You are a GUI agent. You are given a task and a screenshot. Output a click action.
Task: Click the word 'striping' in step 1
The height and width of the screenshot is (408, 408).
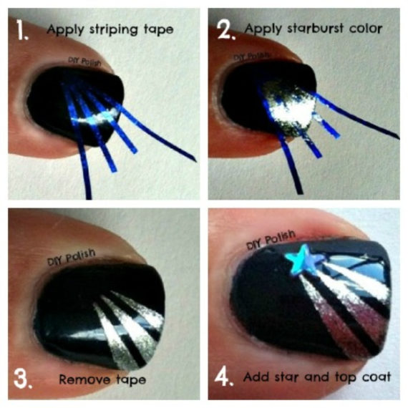coord(113,29)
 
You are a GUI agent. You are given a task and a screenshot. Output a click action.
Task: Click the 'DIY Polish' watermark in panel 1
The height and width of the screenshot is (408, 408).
coord(84,62)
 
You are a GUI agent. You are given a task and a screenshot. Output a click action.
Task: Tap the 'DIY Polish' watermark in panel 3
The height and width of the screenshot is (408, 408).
coord(71,258)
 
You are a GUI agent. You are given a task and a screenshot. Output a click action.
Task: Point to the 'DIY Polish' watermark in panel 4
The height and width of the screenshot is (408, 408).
coord(271,239)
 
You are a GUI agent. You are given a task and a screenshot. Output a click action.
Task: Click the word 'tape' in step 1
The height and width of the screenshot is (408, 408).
coord(159,29)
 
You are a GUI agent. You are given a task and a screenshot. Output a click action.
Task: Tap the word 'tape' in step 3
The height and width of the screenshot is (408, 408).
coord(131,380)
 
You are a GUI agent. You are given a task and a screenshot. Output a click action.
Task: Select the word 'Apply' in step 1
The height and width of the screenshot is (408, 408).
coord(66,29)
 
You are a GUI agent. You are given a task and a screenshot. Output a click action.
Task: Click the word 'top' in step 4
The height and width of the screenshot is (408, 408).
coord(345,377)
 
